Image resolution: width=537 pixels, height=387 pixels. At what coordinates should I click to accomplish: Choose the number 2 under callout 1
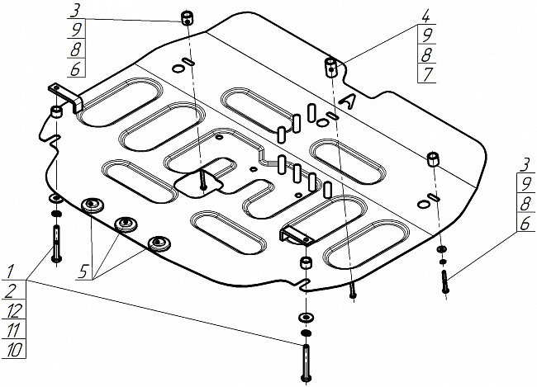[11, 291]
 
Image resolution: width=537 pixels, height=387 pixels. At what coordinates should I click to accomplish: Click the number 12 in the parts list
[13, 311]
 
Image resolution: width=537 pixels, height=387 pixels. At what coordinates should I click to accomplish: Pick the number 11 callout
[13, 331]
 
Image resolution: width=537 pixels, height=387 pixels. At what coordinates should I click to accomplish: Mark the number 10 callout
[13, 351]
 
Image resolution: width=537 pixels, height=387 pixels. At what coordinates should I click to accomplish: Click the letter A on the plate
[351, 100]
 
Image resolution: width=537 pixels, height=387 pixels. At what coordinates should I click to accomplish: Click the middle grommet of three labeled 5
[126, 224]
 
